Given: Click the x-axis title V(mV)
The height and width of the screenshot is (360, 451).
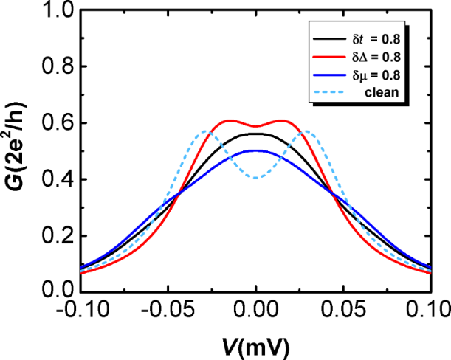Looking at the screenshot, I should pos(255,343).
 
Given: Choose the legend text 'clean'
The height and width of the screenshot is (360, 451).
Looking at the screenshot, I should pos(387,92).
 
